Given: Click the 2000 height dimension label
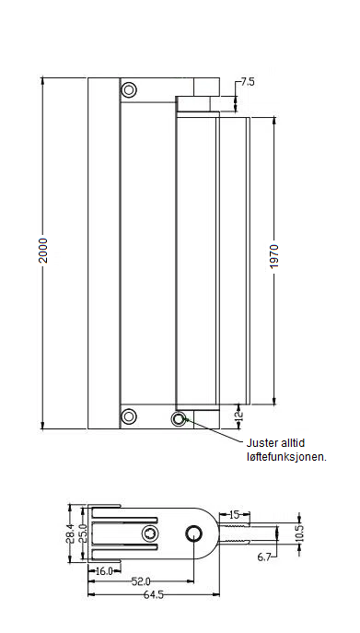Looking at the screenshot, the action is point(42,251).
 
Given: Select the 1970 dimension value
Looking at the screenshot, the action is point(274,256).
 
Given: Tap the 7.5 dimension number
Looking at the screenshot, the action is point(248,82).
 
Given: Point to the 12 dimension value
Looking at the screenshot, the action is point(238,414).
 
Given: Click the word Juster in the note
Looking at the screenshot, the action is point(261,443).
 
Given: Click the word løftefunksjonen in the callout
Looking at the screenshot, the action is point(286,457).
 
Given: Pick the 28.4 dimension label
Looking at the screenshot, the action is point(71,533).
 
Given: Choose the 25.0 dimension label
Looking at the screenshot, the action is point(83,533).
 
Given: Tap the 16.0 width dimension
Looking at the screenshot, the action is point(104,571).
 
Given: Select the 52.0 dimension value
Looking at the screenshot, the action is point(141,581).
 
